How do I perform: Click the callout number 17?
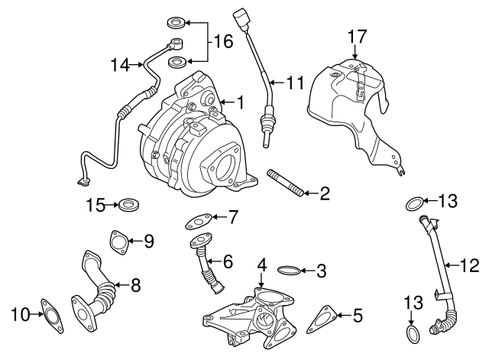(x=358, y=35)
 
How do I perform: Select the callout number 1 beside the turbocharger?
(x=239, y=101)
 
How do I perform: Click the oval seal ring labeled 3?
(x=287, y=270)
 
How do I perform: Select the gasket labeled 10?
(x=50, y=314)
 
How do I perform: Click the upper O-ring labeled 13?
(x=413, y=203)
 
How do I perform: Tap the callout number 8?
(x=135, y=286)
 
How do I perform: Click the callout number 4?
(x=261, y=265)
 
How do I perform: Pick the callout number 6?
(x=227, y=261)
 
